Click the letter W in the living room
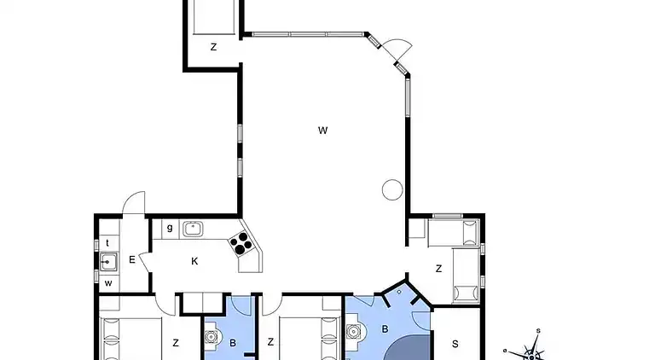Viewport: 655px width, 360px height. point(322,131)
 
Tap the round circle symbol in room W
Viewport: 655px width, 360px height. point(392,189)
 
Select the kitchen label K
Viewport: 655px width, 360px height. point(194,261)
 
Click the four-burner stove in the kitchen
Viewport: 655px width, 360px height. point(241,243)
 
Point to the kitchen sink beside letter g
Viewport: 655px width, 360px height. point(193,229)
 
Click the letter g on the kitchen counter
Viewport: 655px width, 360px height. point(170,228)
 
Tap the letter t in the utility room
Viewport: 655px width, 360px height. point(107,243)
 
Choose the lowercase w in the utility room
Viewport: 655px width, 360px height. point(108,283)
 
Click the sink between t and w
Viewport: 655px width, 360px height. point(108,262)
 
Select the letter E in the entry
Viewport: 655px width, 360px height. point(132,260)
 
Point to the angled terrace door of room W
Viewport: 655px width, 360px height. point(397,49)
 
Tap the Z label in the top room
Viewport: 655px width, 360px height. point(213,47)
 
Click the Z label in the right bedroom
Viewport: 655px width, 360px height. point(438,269)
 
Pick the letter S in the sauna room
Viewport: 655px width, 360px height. point(455,344)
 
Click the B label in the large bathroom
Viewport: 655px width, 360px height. point(385,329)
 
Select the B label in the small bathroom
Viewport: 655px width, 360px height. point(233,343)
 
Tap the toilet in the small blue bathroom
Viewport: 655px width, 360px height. point(212,336)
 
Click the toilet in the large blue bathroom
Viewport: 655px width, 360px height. point(355,332)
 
